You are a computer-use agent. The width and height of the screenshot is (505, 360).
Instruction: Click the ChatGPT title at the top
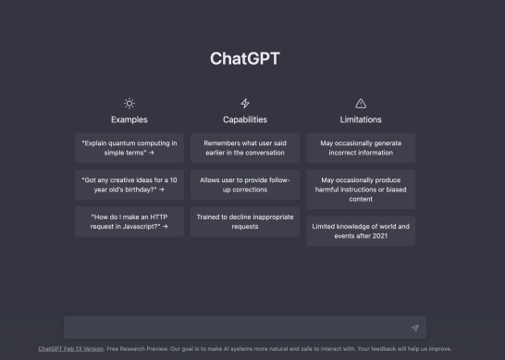pyautogui.click(x=245, y=59)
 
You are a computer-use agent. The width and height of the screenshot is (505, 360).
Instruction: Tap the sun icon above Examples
pyautogui.click(x=129, y=103)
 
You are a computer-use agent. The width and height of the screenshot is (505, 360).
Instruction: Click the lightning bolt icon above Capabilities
pyautogui.click(x=245, y=103)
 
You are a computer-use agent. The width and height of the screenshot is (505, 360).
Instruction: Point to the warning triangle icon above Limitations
pyautogui.click(x=361, y=103)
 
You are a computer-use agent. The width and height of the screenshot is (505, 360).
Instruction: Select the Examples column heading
pyautogui.click(x=129, y=119)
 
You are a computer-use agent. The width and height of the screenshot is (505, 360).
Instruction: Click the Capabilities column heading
pyautogui.click(x=245, y=119)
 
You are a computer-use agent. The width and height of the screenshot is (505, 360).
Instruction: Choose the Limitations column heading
pyautogui.click(x=361, y=119)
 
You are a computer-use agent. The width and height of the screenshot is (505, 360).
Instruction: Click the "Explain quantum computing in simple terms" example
pyautogui.click(x=129, y=148)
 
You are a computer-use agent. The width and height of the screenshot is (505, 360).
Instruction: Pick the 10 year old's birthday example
pyautogui.click(x=129, y=184)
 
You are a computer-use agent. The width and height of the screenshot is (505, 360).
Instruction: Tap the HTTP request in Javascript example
pyautogui.click(x=129, y=221)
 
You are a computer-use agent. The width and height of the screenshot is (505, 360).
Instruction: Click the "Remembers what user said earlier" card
pyautogui.click(x=245, y=148)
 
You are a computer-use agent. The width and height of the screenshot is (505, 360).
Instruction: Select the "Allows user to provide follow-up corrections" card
pyautogui.click(x=245, y=184)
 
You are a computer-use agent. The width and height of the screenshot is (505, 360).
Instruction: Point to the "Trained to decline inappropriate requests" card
pyautogui.click(x=245, y=221)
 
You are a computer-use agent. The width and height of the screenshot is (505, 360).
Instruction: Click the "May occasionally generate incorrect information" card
pyautogui.click(x=361, y=148)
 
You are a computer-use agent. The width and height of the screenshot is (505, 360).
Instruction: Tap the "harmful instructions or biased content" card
pyautogui.click(x=361, y=189)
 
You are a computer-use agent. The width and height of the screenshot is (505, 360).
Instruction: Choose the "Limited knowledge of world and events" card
pyautogui.click(x=361, y=230)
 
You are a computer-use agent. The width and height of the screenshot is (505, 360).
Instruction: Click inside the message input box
pyautogui.click(x=231, y=328)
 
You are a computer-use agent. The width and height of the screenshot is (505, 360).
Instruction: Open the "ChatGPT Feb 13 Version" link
pyautogui.click(x=70, y=349)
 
